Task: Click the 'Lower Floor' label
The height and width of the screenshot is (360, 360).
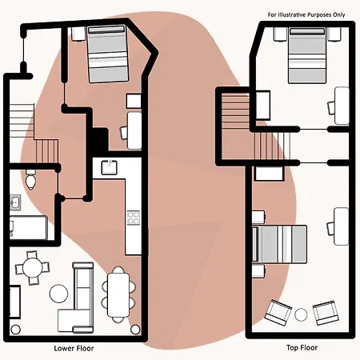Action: pos(74,348)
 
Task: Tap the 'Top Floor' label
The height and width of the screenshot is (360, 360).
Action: pos(302,348)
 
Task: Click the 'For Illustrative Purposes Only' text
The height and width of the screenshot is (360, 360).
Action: pos(306,14)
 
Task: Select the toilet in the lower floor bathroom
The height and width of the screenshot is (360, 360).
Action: pos(31,179)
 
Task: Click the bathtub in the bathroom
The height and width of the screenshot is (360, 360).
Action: pos(29,228)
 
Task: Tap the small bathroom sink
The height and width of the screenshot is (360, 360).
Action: pos(15,202)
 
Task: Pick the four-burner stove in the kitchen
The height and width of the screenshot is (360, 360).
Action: pos(134,218)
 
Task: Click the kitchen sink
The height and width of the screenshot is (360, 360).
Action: pos(110,167)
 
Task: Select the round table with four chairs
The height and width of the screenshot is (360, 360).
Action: pos(32,267)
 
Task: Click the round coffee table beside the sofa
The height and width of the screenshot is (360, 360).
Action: pos(58,294)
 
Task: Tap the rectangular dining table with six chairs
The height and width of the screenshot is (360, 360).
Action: pos(118,294)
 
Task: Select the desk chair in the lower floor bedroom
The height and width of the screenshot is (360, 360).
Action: pos(124,133)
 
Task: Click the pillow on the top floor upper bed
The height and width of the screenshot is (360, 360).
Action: pos(307,31)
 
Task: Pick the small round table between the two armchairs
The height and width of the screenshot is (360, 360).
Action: pos(301,314)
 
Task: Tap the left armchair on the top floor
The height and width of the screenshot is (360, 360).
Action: pos(278,313)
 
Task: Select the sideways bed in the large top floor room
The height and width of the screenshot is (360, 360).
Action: pos(279,244)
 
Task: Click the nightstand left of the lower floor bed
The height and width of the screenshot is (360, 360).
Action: pos(78,34)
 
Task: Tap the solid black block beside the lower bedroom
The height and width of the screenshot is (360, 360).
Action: pos(98,141)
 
